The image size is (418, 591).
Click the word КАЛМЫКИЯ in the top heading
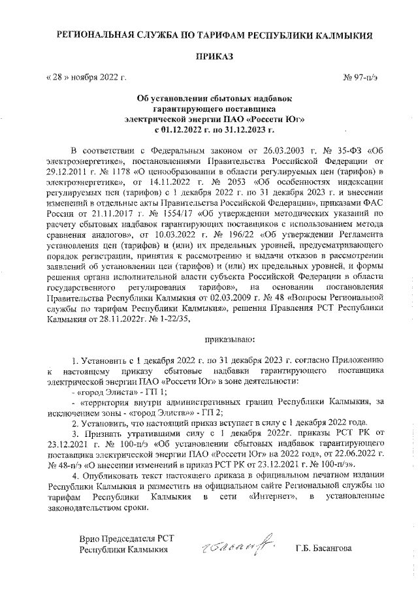coord(346,32)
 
